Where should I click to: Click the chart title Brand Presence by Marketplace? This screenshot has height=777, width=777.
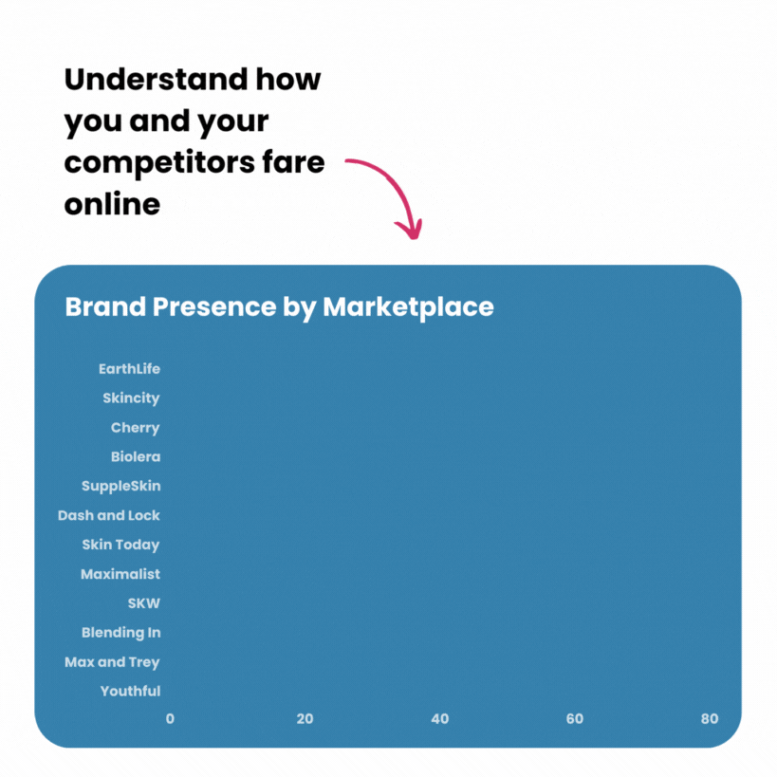(x=279, y=307)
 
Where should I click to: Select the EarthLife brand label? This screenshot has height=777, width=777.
(x=129, y=369)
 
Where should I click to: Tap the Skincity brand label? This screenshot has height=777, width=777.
(x=131, y=398)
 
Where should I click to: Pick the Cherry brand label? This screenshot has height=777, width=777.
(x=135, y=428)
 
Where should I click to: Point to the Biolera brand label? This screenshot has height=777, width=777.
(x=135, y=457)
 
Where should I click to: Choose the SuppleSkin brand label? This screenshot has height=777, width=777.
(x=120, y=487)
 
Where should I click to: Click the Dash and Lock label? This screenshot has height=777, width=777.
(x=108, y=516)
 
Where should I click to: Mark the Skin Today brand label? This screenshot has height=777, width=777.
(x=120, y=546)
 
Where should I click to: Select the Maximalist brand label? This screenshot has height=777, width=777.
(x=120, y=575)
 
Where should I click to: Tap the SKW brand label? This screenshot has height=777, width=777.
(x=144, y=603)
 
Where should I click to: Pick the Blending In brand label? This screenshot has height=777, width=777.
(x=120, y=633)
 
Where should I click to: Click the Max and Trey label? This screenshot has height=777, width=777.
(x=112, y=662)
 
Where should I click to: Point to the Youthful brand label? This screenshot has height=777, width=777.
(x=130, y=692)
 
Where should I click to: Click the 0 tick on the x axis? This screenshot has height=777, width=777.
(x=170, y=719)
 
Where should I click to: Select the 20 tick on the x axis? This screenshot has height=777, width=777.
(x=305, y=719)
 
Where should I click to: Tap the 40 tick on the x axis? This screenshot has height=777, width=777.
(x=439, y=719)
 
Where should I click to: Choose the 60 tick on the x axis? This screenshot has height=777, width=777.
(x=575, y=719)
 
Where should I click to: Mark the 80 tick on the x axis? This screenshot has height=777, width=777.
(x=710, y=719)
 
